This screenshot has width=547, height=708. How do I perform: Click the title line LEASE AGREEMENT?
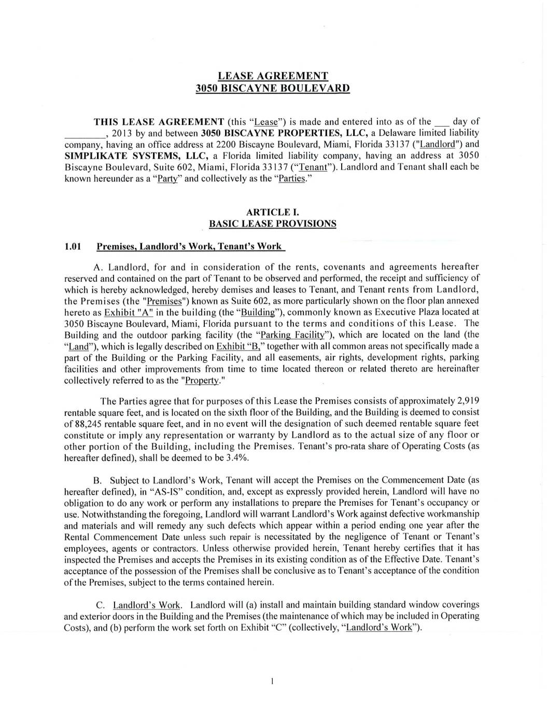click(x=273, y=76)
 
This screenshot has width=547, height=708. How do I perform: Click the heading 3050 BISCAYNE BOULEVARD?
click(x=273, y=88)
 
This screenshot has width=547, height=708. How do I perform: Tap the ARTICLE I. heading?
click(x=272, y=212)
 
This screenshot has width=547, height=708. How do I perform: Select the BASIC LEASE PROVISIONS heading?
click(x=272, y=224)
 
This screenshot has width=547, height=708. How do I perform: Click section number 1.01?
click(x=73, y=246)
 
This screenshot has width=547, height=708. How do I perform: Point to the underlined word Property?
click(x=202, y=380)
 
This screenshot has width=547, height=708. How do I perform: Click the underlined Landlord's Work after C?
click(x=147, y=605)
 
